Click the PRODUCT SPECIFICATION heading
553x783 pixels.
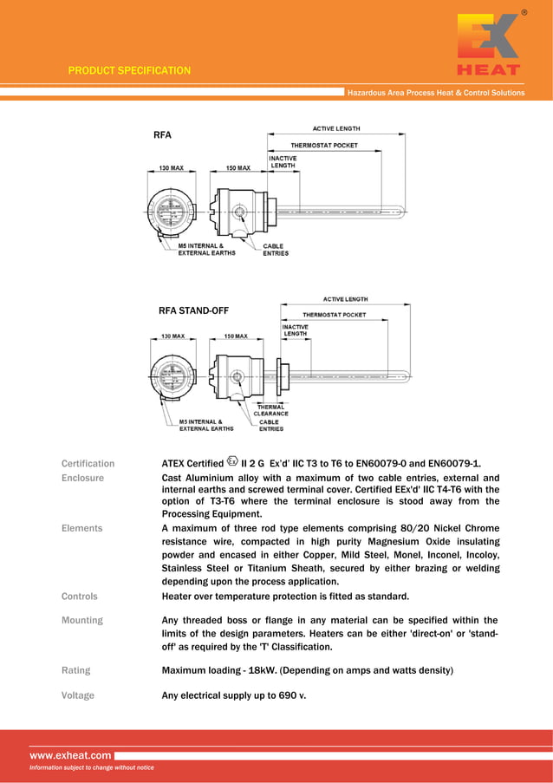coord(129,70)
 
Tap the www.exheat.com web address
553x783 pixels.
coord(70,755)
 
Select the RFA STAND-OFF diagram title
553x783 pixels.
coord(192,310)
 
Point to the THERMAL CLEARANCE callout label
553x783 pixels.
coord(270,410)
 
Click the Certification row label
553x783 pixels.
coord(88,463)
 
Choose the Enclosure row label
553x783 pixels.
coord(82,478)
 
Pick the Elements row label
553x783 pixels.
coord(81,528)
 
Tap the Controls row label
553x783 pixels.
coord(80,597)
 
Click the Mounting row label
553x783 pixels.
coord(81,620)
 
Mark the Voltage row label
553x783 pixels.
coord(78,695)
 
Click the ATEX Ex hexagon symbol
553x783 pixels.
coord(231,461)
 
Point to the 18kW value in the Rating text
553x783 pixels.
coord(263,670)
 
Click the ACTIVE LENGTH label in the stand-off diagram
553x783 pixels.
coord(345,299)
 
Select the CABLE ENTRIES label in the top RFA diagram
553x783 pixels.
coord(276,250)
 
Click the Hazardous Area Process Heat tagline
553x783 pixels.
coord(435,93)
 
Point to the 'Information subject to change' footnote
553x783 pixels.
coord(91,767)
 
